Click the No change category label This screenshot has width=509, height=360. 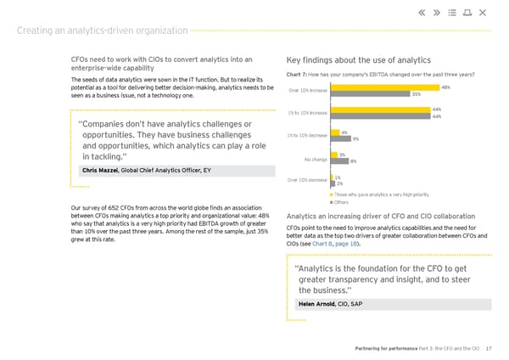tap(315, 158)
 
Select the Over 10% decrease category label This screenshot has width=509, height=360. tap(307, 180)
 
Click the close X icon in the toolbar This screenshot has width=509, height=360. tap(483, 12)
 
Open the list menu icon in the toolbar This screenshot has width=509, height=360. tap(451, 12)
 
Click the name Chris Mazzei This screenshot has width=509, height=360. tap(99, 171)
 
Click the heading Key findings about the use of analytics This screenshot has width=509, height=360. tap(360, 60)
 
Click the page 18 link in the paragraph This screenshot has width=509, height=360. tap(346, 244)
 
